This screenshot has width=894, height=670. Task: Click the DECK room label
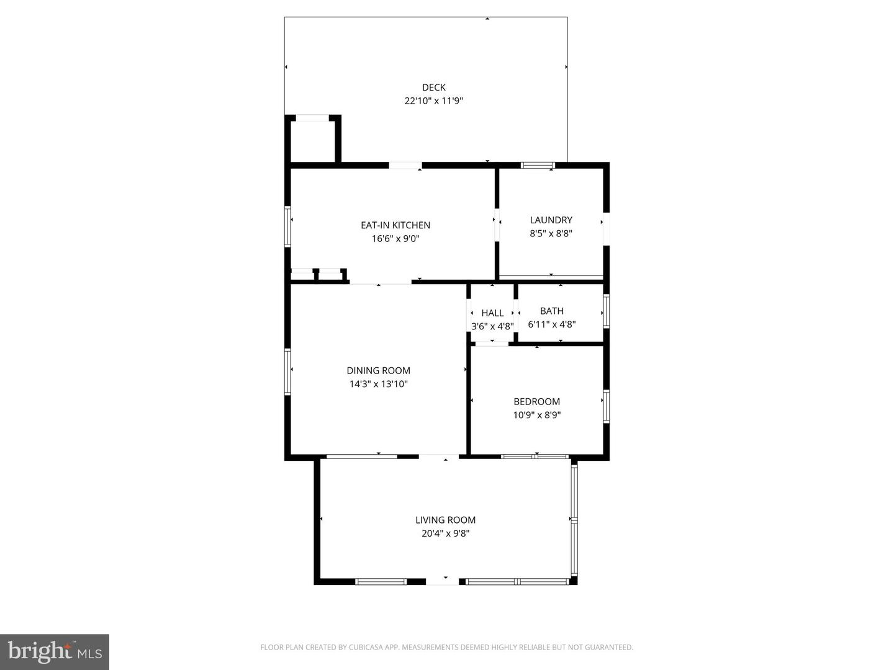pyautogui.click(x=433, y=87)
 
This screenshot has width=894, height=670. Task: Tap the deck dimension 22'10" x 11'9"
pyautogui.click(x=433, y=101)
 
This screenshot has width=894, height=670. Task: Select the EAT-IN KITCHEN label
pyautogui.click(x=395, y=225)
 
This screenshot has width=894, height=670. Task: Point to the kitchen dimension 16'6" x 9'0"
pyautogui.click(x=395, y=239)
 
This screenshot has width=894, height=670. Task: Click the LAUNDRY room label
pyautogui.click(x=551, y=220)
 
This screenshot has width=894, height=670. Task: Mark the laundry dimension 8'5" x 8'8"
pyautogui.click(x=551, y=234)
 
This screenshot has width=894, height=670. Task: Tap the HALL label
pyautogui.click(x=492, y=313)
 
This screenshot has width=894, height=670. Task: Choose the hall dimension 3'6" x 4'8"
pyautogui.click(x=492, y=326)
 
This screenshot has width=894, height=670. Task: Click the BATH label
pyautogui.click(x=551, y=311)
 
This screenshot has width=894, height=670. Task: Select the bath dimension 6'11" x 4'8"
pyautogui.click(x=551, y=324)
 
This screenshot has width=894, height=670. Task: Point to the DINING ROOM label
pyautogui.click(x=378, y=371)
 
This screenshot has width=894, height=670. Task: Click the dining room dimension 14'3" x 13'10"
pyautogui.click(x=378, y=385)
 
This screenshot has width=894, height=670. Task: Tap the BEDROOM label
pyautogui.click(x=536, y=402)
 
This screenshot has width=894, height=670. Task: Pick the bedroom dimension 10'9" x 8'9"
pyautogui.click(x=536, y=416)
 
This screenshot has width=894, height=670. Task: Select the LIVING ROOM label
pyautogui.click(x=445, y=520)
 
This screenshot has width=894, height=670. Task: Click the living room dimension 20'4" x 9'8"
pyautogui.click(x=445, y=534)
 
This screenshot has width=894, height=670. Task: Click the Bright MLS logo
pyautogui.click(x=55, y=652)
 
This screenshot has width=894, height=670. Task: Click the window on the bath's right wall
pyautogui.click(x=606, y=311)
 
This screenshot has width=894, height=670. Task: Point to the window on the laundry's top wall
pyautogui.click(x=537, y=165)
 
